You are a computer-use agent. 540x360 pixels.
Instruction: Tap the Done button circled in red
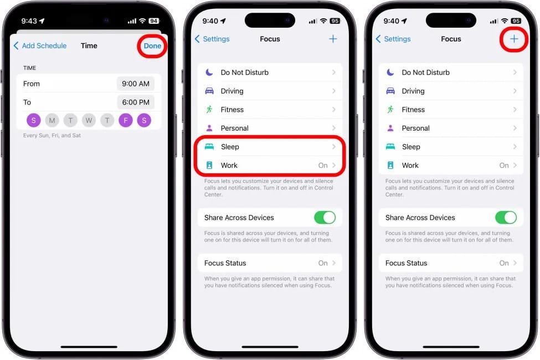coord(152,46)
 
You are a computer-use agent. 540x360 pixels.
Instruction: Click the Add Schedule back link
coord(40,46)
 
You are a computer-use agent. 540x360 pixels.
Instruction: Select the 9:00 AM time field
coord(136,84)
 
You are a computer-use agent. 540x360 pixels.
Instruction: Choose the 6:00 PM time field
coord(136,102)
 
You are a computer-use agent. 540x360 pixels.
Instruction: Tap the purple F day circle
coord(126,120)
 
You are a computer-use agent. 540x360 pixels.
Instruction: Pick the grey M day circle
coord(52,120)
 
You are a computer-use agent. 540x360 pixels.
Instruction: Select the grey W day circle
coord(89,120)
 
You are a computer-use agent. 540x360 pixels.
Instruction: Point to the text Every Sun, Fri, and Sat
coord(52,135)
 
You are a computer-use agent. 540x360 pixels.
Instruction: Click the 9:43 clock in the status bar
coord(29,21)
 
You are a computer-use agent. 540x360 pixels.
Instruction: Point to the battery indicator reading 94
coord(153,21)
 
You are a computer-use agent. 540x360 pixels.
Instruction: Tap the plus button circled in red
coord(514,39)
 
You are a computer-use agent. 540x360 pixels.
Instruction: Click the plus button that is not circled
coord(333,39)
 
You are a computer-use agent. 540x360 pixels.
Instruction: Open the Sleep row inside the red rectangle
coord(270,147)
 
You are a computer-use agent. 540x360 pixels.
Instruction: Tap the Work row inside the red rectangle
coord(270,166)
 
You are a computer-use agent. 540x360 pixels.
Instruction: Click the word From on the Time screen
coord(32,84)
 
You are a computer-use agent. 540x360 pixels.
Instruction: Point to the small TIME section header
coord(29,68)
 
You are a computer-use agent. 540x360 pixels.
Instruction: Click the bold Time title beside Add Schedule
coord(89,46)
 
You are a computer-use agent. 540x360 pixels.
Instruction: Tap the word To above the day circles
coord(27,102)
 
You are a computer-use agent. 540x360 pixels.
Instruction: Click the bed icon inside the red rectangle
coord(209,147)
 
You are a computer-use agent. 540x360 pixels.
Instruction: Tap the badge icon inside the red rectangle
coord(209,166)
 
